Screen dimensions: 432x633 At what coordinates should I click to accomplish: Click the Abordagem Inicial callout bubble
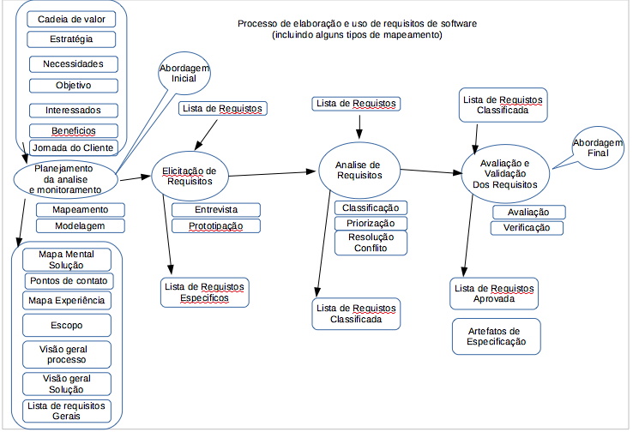pyautogui.click(x=184, y=73)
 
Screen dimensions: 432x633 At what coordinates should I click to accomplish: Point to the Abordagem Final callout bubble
pyautogui.click(x=597, y=148)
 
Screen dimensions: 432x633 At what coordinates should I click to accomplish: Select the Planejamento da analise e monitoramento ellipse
pyautogui.click(x=66, y=178)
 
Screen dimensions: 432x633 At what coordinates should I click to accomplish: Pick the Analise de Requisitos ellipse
pyautogui.click(x=359, y=168)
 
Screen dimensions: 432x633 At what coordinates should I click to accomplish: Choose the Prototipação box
pyautogui.click(x=215, y=226)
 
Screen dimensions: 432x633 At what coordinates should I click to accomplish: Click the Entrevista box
pyautogui.click(x=215, y=209)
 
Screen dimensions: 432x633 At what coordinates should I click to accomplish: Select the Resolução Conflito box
pyautogui.click(x=370, y=243)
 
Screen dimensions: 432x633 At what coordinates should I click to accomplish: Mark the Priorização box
pyautogui.click(x=371, y=223)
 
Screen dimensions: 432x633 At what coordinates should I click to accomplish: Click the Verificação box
pyautogui.click(x=527, y=228)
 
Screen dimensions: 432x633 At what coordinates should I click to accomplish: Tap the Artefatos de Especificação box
pyautogui.click(x=497, y=336)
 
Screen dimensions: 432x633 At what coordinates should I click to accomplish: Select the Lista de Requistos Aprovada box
pyautogui.click(x=494, y=293)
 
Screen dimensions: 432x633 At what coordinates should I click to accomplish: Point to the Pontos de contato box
pyautogui.click(x=69, y=281)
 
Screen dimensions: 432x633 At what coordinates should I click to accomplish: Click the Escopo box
pyautogui.click(x=67, y=325)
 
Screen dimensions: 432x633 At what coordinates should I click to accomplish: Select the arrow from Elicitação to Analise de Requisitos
pyautogui.click(x=274, y=174)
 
